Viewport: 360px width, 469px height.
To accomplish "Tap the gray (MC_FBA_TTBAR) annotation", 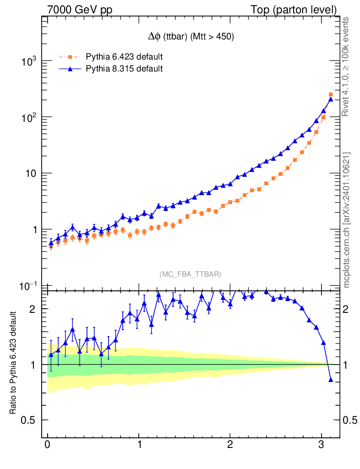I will pyautogui.click(x=191, y=274).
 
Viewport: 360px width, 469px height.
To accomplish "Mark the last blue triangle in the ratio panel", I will pyautogui.click(x=331, y=379).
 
